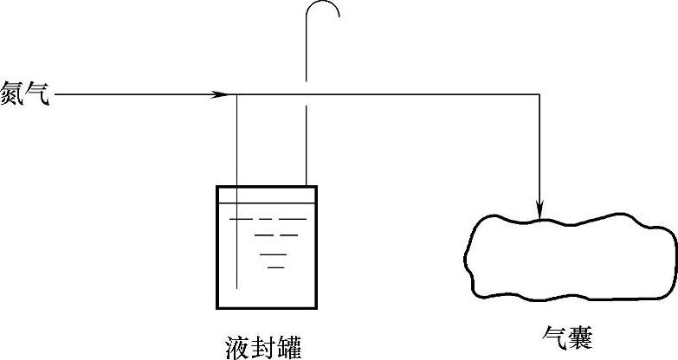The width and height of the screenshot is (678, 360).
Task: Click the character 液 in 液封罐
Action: coord(236,345)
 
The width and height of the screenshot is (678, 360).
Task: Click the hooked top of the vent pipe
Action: coord(324,10)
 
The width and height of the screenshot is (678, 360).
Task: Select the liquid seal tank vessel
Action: coord(266,247)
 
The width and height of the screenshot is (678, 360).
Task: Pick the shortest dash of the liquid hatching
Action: coord(276,267)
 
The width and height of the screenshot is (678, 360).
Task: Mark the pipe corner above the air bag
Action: coord(539,94)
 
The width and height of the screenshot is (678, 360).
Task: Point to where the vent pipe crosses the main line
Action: coord(305,94)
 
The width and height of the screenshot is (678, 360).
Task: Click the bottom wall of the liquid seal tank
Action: coord(266,307)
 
